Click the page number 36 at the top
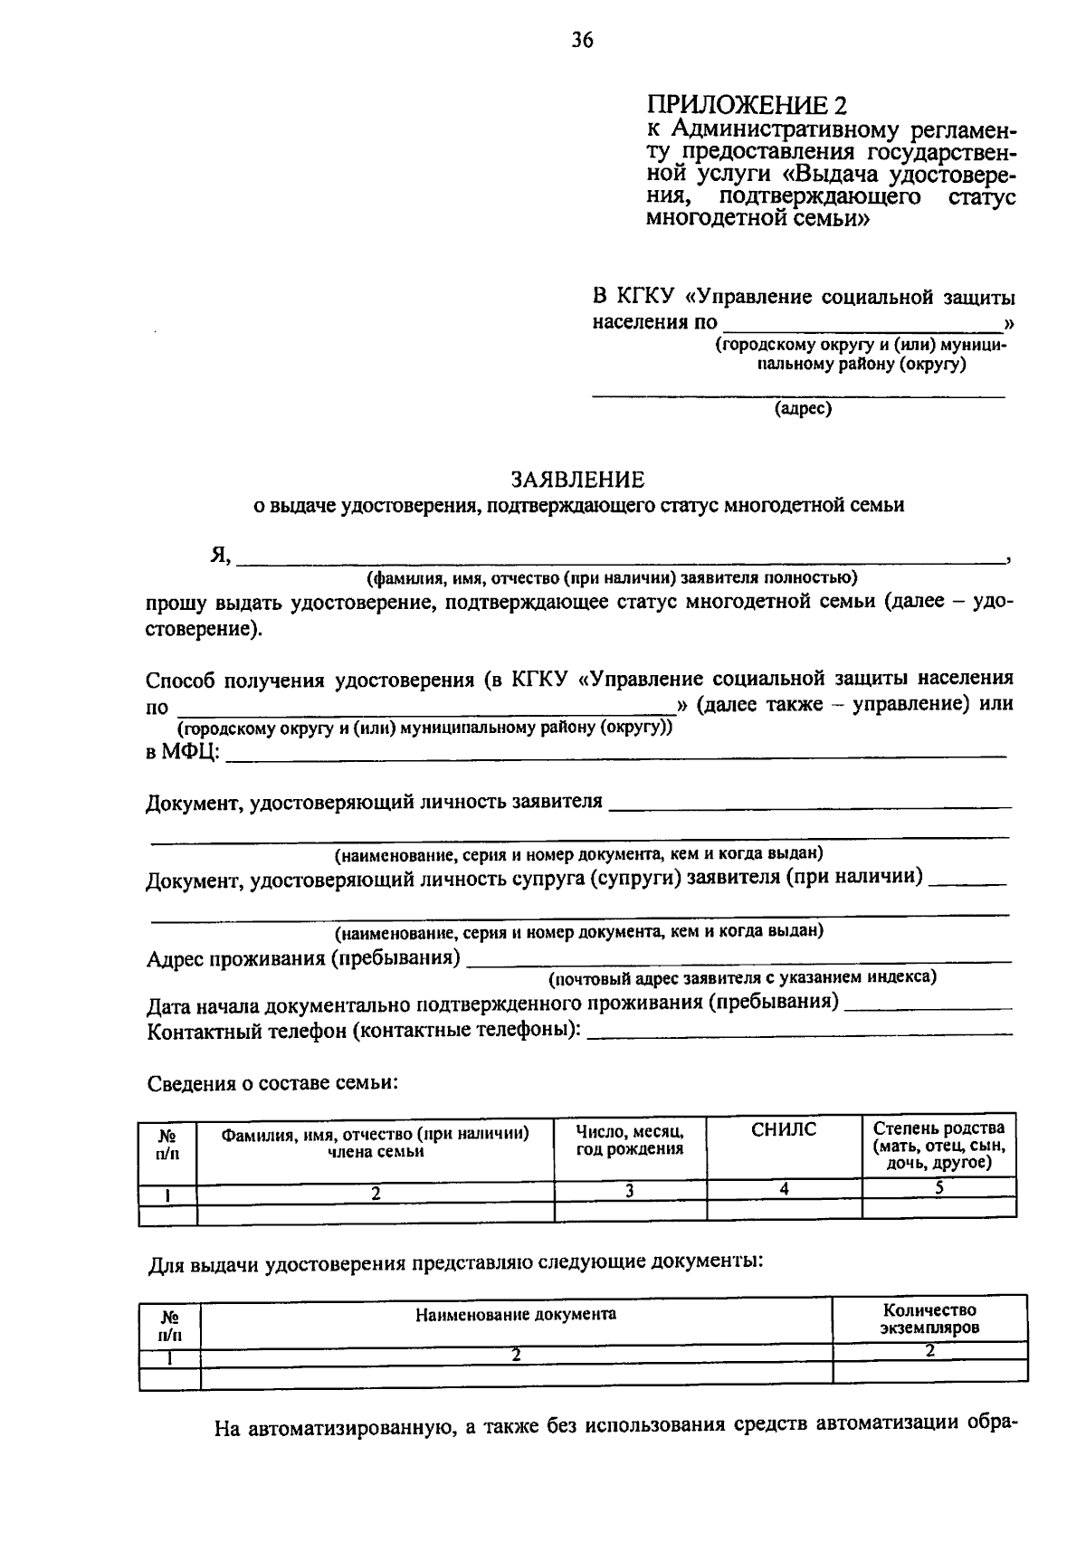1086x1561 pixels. pos(582,40)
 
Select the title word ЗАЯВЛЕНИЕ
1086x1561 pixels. pos(578,479)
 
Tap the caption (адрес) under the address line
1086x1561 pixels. pos(802,409)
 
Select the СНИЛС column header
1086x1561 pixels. pos(784,1129)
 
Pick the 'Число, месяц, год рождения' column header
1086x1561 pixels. pos(630,1140)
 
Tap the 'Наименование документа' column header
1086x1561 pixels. pos(516,1314)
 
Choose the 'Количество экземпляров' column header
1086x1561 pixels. pos(929,1319)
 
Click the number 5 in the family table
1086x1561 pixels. pos(939,1189)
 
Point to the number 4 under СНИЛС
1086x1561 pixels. pos(785,1190)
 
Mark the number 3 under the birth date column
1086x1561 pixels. pos(629,1191)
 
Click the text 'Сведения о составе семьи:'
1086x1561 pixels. pos(272,1083)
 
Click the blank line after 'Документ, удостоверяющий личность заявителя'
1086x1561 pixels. pos(811,804)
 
